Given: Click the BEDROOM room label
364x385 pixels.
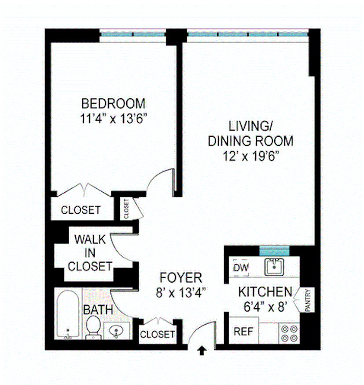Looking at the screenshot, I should point(114,104).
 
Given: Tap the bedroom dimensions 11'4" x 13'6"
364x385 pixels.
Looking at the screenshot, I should point(114,119).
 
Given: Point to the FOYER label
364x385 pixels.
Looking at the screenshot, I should point(180,278).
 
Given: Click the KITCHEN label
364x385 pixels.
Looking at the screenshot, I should point(265,292).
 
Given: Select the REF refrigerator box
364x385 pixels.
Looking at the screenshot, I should point(243,331).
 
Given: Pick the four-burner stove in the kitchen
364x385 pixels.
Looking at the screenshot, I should point(290,333).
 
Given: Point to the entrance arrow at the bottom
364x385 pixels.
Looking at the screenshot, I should point(202,351).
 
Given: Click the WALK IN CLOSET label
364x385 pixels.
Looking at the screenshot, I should point(90,253).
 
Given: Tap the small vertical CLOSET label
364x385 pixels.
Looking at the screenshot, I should point(126,209).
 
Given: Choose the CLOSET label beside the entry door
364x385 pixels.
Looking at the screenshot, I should point(157,334).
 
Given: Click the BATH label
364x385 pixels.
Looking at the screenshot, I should point(98,310).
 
